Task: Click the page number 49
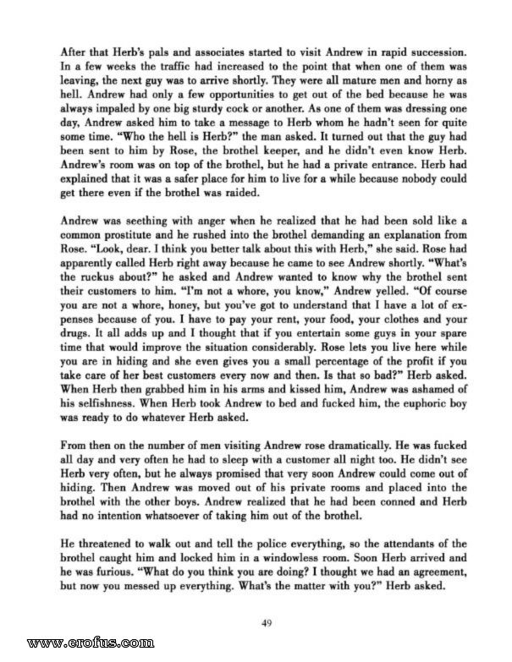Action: click(267, 624)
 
